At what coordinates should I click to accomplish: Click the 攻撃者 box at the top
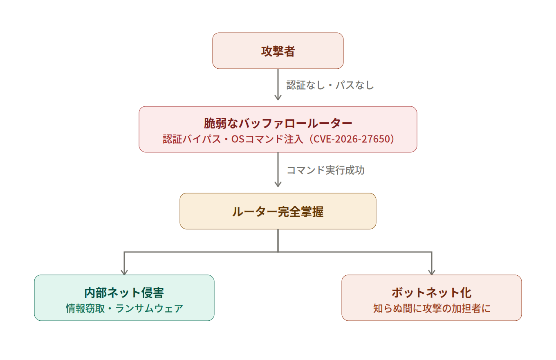278,51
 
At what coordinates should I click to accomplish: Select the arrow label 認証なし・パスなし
330,85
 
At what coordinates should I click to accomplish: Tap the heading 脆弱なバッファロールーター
278,123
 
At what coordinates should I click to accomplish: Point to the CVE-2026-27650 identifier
352,139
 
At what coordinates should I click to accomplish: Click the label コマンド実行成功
325,170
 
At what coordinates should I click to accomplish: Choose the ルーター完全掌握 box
278,211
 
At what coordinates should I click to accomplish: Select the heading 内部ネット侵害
124,293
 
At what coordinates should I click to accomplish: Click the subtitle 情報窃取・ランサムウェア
124,308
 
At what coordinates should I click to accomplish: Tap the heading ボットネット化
432,293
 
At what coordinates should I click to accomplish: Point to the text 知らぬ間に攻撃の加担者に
432,308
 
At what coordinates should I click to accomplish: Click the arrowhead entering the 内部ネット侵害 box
124,272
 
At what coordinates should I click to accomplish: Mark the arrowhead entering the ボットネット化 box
432,272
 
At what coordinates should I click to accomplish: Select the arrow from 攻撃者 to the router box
278,84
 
